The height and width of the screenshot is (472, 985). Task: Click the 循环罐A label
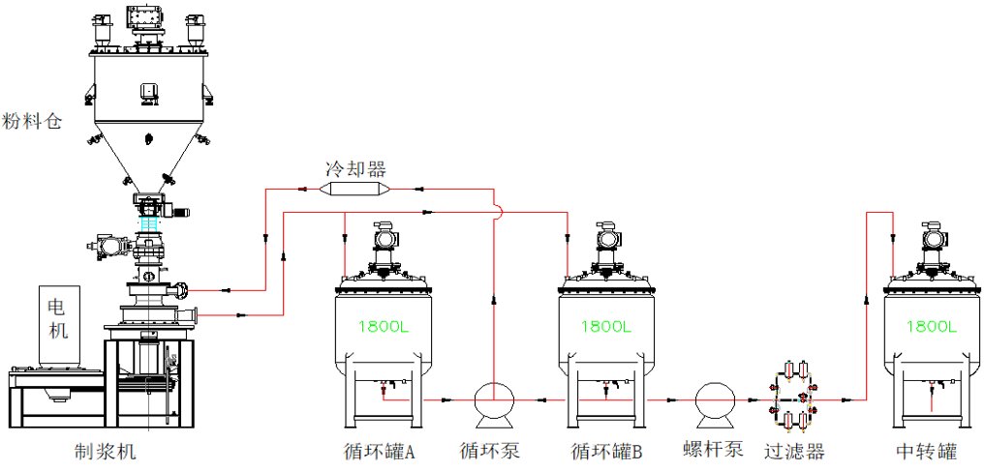pos(379,452)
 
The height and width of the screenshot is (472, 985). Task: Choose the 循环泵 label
pos(492,452)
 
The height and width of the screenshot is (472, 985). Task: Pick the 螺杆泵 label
pos(713,452)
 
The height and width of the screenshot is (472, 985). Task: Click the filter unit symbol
pos(792,398)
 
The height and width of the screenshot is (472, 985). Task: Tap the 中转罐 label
pos(928,452)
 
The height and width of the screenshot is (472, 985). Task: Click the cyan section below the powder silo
pos(149,224)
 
